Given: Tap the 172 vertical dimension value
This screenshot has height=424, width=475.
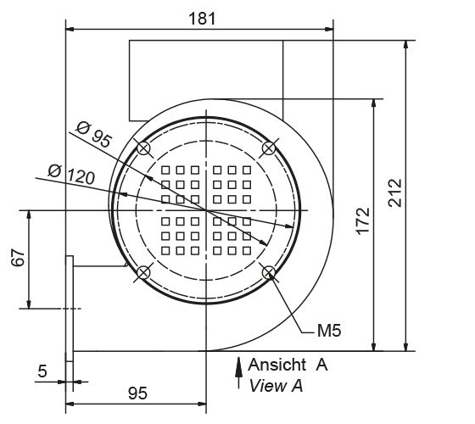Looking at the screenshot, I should (x=362, y=222).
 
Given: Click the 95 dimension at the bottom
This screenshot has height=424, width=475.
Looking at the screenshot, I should (x=137, y=393).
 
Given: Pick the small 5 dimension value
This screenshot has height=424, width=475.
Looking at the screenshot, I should (x=42, y=371).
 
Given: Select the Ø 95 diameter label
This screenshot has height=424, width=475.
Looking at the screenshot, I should (x=94, y=135).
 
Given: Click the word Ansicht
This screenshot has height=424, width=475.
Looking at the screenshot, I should (x=276, y=365).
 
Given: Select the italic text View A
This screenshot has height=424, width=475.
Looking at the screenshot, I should (x=276, y=385).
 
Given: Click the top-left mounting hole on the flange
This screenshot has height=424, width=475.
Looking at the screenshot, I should (x=144, y=148).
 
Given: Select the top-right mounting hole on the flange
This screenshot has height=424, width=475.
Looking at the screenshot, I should (x=269, y=148).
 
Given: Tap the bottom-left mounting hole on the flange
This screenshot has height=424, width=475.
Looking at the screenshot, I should (x=144, y=272).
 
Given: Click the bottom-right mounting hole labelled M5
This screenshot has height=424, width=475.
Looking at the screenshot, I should (x=269, y=272).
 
